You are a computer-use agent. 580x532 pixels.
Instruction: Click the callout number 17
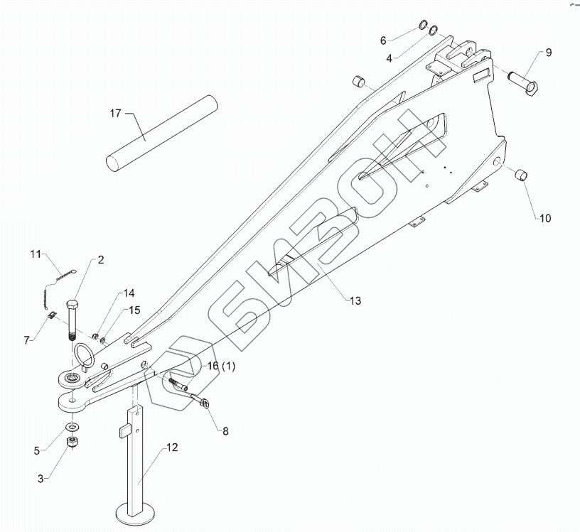(x=117, y=113)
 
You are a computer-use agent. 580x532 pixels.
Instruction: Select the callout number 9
(x=549, y=53)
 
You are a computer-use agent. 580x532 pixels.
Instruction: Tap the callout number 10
(x=544, y=219)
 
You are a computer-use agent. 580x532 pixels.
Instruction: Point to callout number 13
(x=355, y=301)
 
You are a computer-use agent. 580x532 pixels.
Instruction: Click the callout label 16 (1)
(x=221, y=365)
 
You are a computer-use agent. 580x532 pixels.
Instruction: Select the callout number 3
(x=42, y=479)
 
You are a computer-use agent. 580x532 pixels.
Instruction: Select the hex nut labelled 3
(x=72, y=442)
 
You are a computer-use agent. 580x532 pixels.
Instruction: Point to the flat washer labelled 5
(x=72, y=427)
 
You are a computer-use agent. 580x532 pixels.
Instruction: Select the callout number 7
(x=26, y=340)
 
